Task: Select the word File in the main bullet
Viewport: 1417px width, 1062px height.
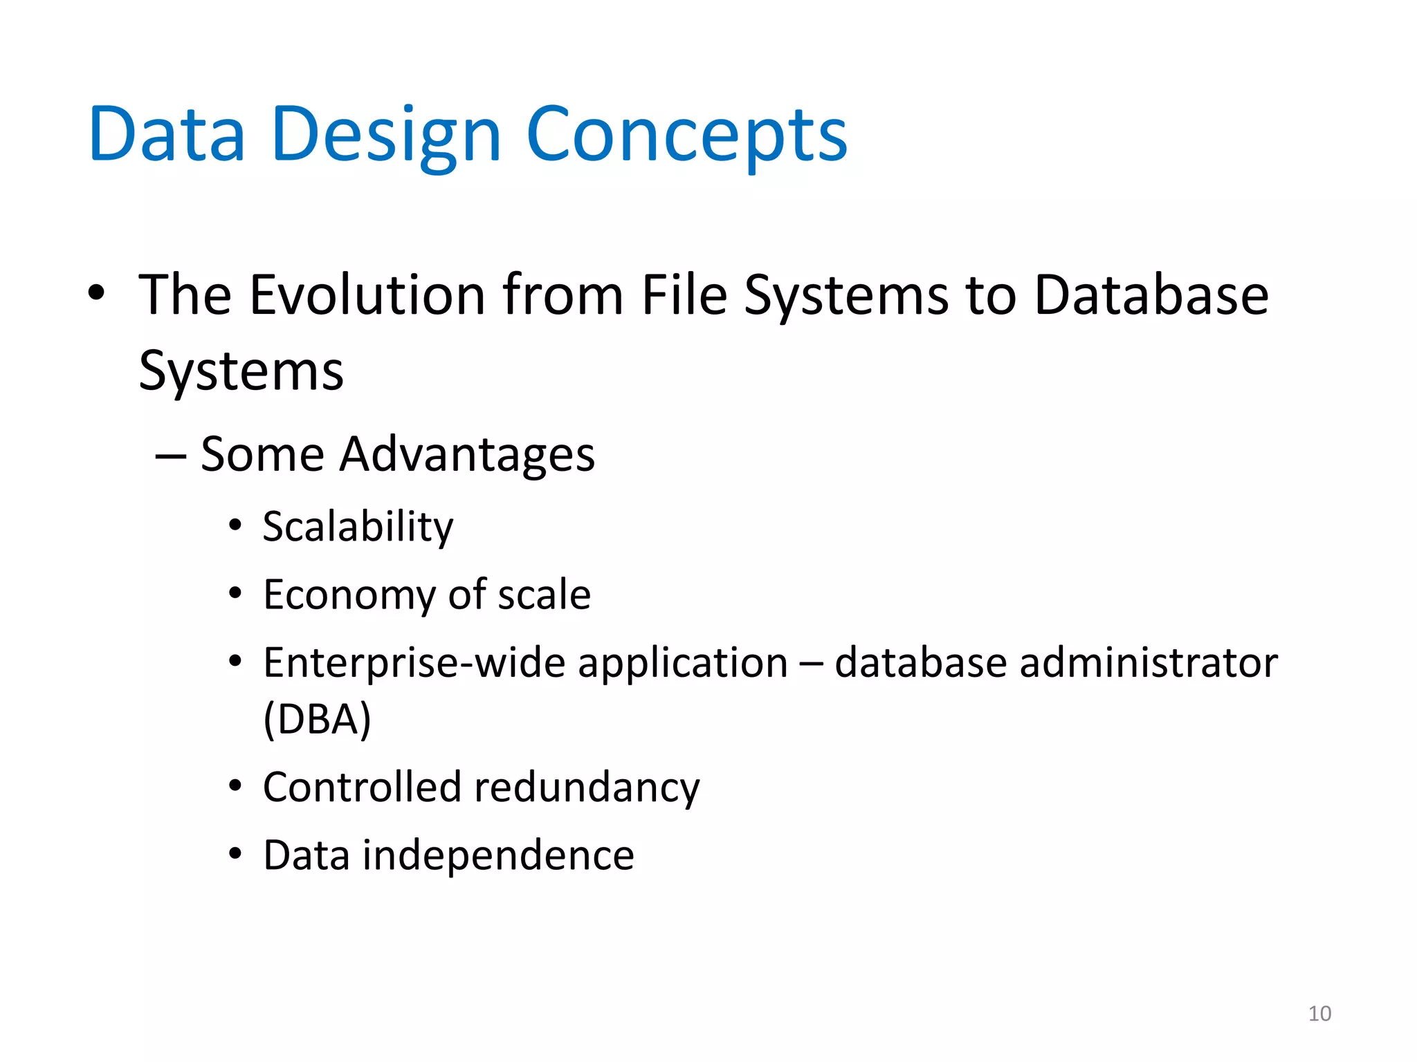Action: click(x=684, y=295)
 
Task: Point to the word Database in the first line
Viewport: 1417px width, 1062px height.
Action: click(x=1151, y=295)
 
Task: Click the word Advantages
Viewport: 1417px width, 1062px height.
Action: click(x=467, y=455)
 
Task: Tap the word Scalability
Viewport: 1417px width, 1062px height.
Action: click(x=358, y=527)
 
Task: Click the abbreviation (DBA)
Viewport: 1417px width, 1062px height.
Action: click(x=318, y=719)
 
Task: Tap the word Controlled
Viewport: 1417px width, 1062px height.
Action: click(x=363, y=788)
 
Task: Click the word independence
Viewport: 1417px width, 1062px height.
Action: click(x=498, y=855)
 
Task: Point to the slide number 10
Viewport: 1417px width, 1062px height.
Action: click(x=1319, y=1014)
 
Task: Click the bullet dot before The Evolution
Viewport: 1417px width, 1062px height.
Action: click(x=97, y=293)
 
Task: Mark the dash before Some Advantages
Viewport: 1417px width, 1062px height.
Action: click(x=170, y=456)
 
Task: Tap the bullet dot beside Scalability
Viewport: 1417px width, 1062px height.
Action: click(x=235, y=526)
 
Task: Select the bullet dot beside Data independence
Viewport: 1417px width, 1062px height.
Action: click(x=235, y=855)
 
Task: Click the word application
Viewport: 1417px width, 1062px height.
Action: click(x=682, y=663)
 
